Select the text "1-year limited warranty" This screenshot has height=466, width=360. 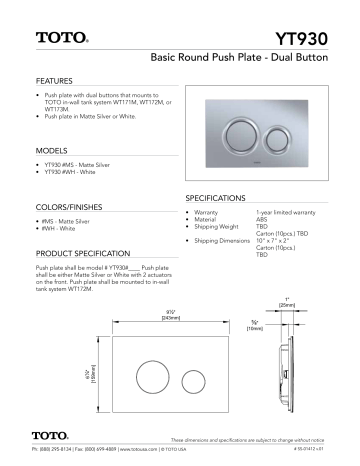click(x=286, y=213)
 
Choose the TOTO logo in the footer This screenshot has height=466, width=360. click(x=48, y=436)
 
